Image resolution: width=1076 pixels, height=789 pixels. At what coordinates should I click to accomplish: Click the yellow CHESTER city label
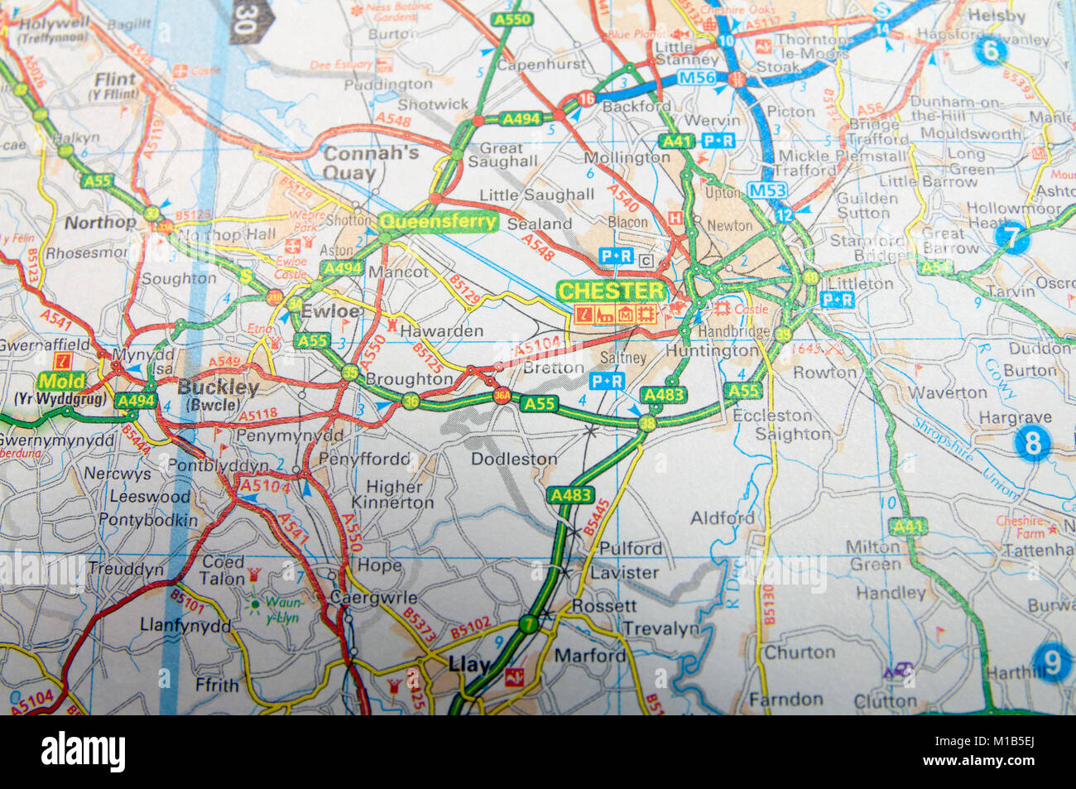pos(612,291)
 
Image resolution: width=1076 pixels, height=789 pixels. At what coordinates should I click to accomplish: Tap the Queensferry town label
pos(438,222)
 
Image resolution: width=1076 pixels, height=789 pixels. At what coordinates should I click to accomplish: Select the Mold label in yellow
pos(62,381)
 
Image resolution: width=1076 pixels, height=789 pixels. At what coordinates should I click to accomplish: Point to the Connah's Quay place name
pos(359,163)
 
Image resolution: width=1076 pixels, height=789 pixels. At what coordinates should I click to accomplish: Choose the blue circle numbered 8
pos(1032,444)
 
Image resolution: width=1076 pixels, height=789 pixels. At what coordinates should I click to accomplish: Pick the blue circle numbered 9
pos(1051,662)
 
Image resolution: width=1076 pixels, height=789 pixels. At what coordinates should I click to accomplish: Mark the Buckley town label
pos(219,387)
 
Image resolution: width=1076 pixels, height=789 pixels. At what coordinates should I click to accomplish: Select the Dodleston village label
pos(514,459)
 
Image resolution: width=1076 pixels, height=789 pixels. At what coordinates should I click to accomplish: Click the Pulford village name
pos(631,548)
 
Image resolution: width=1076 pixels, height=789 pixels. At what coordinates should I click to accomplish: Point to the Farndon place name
pos(785,700)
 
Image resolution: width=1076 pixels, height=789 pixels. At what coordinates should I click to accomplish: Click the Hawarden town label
pos(441,330)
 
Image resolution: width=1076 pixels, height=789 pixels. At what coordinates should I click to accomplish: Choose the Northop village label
pos(100,222)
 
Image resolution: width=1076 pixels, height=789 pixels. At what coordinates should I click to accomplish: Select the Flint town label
pos(115,79)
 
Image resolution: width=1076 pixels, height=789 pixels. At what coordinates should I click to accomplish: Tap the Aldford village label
pos(723,518)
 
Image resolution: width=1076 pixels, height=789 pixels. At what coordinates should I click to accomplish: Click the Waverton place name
pos(939,392)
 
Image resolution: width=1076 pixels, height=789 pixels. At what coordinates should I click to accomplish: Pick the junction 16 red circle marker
pos(587,99)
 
